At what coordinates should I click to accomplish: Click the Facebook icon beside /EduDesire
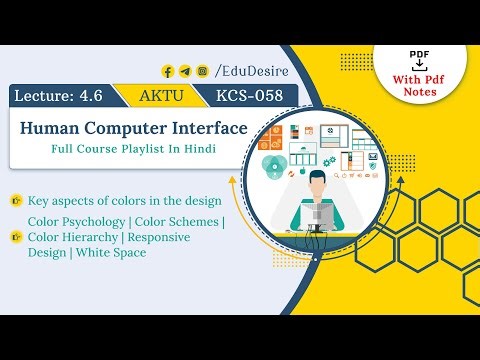168,71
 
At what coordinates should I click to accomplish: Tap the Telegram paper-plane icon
185,71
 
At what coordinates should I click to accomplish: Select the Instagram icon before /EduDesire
202,71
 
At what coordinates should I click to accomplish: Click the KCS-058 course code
249,96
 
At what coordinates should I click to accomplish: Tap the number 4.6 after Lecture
96,96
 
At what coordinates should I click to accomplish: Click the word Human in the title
52,128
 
